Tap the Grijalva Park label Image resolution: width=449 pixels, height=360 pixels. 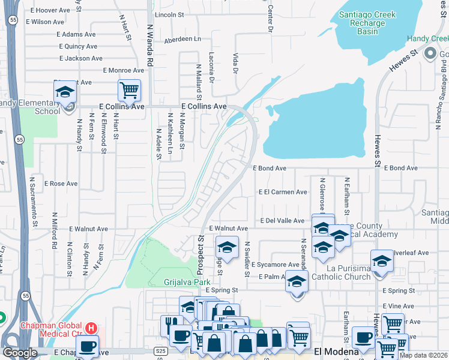pos(187,281)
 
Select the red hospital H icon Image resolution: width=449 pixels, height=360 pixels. pos(91,328)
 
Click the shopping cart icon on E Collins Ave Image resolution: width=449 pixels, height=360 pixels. pos(129,91)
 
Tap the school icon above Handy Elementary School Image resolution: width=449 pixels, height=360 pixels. pos(65,92)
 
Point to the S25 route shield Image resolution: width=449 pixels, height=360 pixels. pos(160,350)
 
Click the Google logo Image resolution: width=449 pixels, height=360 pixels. pos(19,352)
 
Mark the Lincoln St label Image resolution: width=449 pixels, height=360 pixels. pos(169,14)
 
